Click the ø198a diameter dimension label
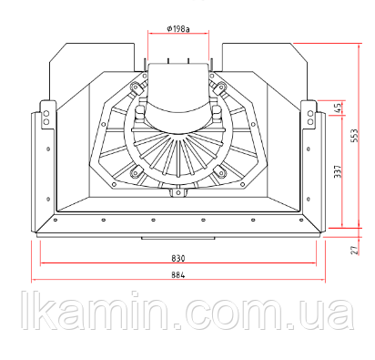click(x=178, y=29)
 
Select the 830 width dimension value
click(x=178, y=259)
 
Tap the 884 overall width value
click(x=178, y=275)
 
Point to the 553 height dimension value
click(x=354, y=136)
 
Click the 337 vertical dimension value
click(x=338, y=171)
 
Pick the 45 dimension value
click(x=338, y=108)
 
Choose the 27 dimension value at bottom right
click(x=354, y=250)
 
